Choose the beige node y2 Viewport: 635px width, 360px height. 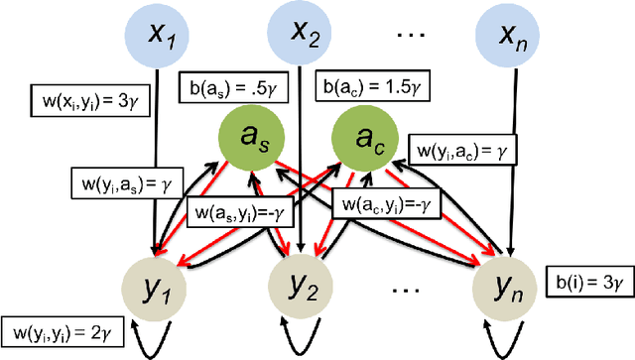pyautogui.click(x=304, y=288)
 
